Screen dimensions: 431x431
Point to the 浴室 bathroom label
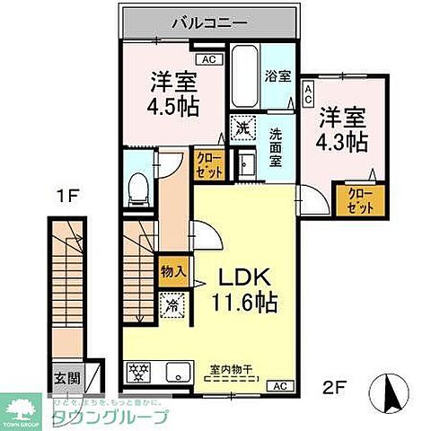click(x=276, y=76)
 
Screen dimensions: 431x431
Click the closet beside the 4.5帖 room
click(x=207, y=163)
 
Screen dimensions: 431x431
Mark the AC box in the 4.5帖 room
click(x=208, y=59)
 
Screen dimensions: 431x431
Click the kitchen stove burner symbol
click(x=139, y=370)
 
